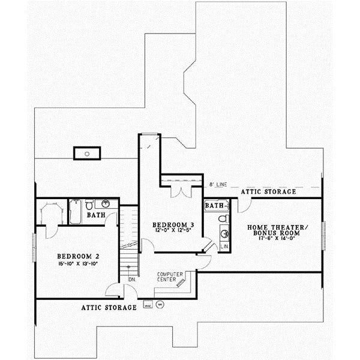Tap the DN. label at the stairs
131,279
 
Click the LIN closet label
224,246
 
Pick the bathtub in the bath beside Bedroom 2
76,212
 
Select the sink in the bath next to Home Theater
224,232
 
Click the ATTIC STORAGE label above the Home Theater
268,192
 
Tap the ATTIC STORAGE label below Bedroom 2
109,307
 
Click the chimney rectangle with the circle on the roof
88,154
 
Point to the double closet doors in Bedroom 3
180,191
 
